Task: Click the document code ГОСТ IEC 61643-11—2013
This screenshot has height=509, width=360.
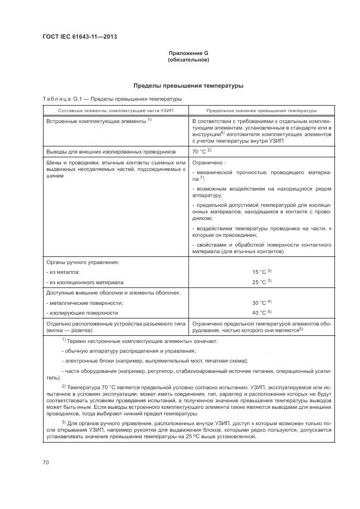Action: (x=80, y=36)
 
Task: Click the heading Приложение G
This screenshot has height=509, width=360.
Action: (x=188, y=53)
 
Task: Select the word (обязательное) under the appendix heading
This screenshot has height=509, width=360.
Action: (x=188, y=60)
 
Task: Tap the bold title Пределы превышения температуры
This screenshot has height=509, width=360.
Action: (x=188, y=85)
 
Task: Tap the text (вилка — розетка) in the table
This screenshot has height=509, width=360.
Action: (x=69, y=330)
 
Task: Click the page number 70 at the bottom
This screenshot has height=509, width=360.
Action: (x=46, y=462)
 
